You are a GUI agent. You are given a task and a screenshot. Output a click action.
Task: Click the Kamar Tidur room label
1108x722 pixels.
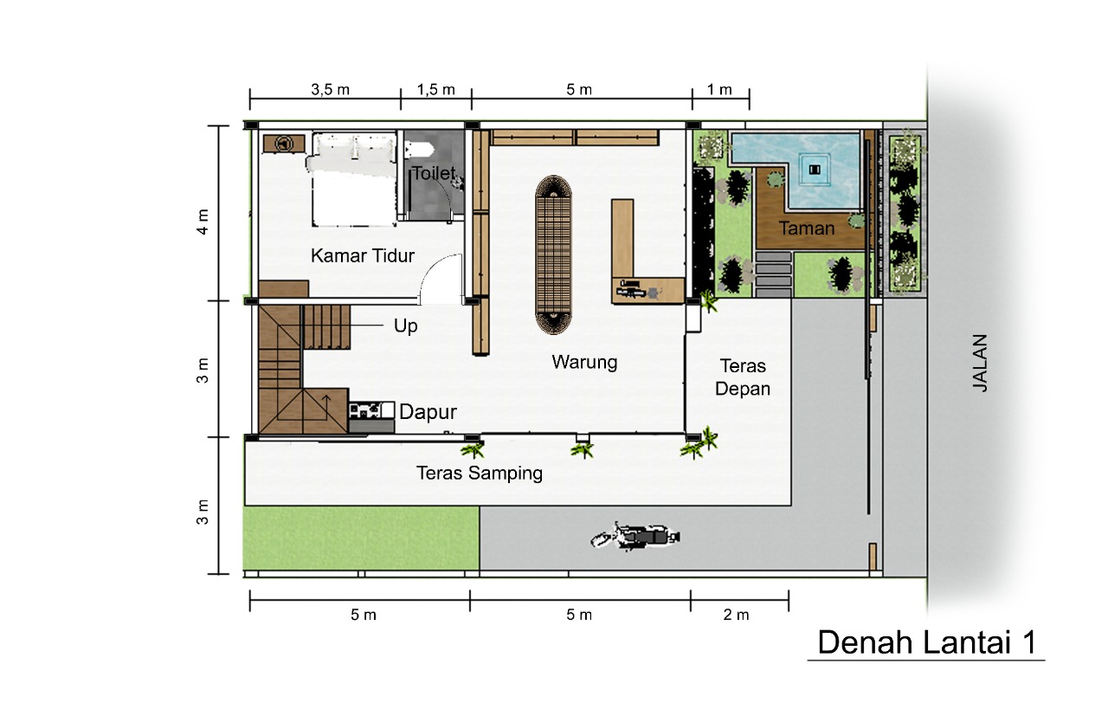(362, 255)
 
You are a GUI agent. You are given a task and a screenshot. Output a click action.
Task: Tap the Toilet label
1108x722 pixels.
(434, 173)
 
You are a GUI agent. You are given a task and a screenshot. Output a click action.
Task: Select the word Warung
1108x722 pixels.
(584, 363)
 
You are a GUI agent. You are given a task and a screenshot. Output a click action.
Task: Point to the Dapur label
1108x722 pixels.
(428, 412)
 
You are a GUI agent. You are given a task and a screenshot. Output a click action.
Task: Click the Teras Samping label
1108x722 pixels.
(480, 474)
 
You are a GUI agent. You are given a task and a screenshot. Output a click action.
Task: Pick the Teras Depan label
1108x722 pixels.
(743, 377)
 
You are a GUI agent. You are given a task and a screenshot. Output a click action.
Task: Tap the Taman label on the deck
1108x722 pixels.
(807, 229)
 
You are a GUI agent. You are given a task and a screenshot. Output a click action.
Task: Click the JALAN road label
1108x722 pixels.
(980, 363)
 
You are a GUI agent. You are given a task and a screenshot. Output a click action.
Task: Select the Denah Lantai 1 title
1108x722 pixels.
(926, 642)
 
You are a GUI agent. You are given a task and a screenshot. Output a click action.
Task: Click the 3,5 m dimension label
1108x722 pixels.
(330, 89)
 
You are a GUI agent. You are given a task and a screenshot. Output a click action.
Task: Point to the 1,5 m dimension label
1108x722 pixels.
(435, 89)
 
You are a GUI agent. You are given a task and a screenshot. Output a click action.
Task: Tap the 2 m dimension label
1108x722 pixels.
(736, 615)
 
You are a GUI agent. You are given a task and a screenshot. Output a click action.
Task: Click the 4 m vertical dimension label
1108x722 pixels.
(203, 221)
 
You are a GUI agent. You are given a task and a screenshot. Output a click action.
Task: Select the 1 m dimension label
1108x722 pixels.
(718, 89)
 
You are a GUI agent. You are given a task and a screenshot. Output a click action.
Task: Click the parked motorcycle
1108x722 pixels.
(635, 536)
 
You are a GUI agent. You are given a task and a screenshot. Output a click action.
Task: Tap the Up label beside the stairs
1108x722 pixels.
(406, 326)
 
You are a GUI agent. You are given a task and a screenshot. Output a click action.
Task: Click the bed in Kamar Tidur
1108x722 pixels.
(354, 179)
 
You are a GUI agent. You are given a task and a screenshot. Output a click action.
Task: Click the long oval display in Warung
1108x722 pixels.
(553, 255)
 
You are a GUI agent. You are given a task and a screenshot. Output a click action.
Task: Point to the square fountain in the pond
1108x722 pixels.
(815, 170)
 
